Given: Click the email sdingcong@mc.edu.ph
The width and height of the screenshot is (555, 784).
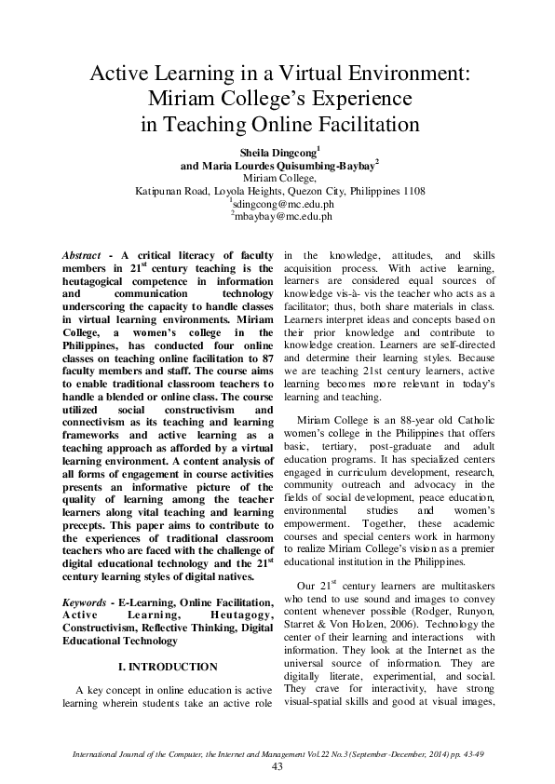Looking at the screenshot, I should [x=280, y=204].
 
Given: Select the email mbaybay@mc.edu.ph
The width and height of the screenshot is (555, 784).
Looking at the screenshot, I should [x=280, y=216].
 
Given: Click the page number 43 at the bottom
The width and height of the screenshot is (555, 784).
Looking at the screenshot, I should [x=277, y=765].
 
